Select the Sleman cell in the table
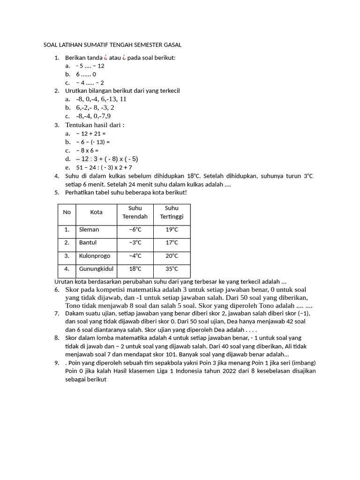(89, 230)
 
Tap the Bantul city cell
(88, 242)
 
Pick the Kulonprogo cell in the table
(95, 256)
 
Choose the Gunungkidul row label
(96, 269)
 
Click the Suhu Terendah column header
(135, 212)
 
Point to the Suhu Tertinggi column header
(172, 212)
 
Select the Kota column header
(96, 212)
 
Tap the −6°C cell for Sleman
(135, 230)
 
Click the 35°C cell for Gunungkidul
(172, 269)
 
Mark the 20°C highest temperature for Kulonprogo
(172, 256)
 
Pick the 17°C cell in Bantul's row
(172, 242)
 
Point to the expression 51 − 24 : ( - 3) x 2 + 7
(104, 167)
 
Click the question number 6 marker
(56, 290)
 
